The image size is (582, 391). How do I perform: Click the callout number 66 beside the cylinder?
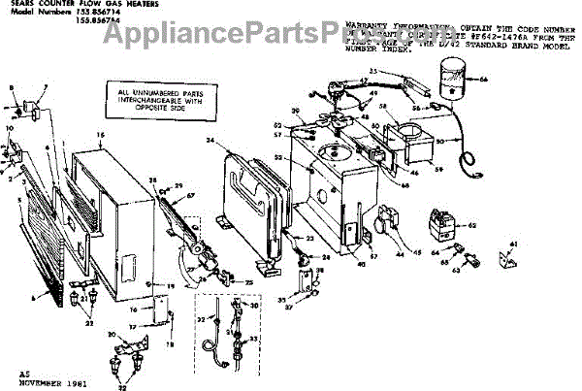[x=484, y=79]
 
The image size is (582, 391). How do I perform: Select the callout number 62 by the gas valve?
[x=472, y=226]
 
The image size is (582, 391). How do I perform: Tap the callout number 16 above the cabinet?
[x=99, y=132]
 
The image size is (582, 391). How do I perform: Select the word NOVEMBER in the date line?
[x=39, y=382]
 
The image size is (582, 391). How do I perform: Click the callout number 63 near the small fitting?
[x=454, y=273]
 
